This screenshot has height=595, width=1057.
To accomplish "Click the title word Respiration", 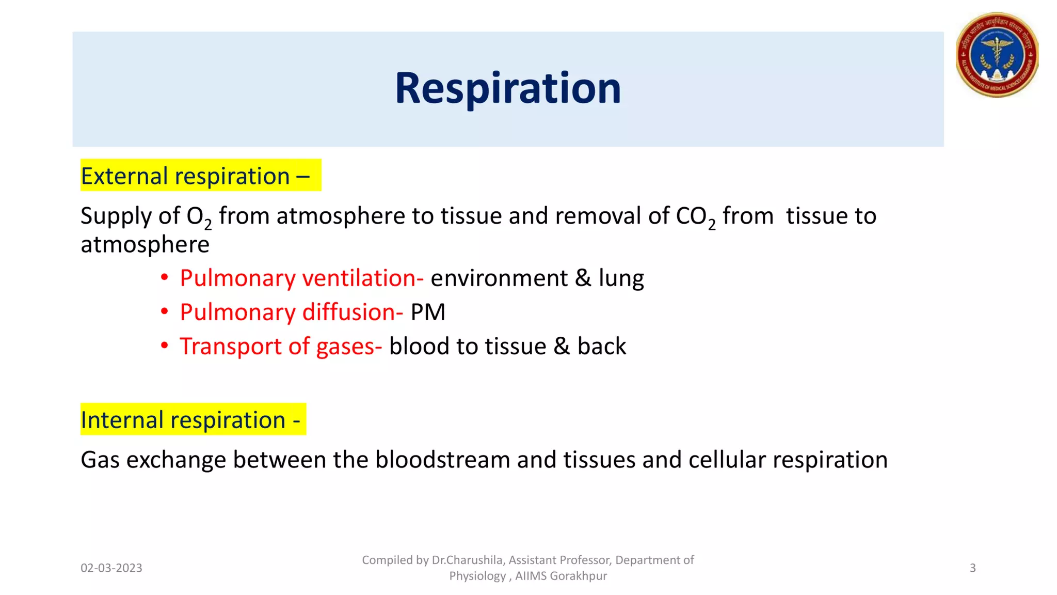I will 508,88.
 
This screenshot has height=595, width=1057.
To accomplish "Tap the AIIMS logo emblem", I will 997,55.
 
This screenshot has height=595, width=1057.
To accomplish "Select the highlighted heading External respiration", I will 195,176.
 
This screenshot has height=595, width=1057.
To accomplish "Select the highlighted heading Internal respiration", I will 190,420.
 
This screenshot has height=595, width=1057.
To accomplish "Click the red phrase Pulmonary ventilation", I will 301,278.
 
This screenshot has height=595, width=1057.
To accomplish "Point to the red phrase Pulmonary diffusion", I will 291,312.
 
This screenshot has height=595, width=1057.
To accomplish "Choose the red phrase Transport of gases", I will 280,347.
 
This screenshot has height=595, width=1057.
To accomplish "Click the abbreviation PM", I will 428,312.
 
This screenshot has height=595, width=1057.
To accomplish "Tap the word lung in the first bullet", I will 621,278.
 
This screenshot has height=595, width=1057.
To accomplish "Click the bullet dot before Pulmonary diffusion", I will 164,311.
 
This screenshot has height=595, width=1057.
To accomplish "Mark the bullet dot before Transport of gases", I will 164,346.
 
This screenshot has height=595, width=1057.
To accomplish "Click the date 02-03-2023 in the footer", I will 111,568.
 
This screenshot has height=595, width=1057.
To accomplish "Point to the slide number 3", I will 972,568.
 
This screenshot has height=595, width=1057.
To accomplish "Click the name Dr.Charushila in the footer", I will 467,560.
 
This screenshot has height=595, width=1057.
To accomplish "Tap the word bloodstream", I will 442,460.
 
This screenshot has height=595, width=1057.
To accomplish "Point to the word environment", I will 499,278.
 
